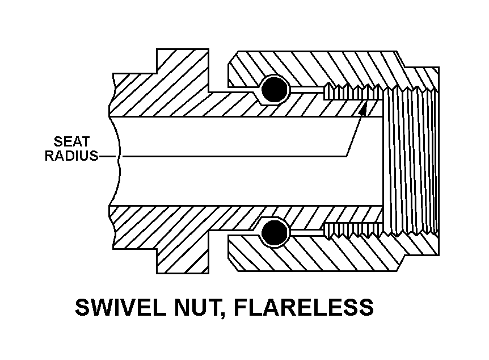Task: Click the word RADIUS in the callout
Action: [71, 156]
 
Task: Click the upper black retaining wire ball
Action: [275, 89]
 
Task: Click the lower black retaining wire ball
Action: [275, 233]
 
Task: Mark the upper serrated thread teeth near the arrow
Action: [352, 91]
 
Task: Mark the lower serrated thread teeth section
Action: [352, 230]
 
